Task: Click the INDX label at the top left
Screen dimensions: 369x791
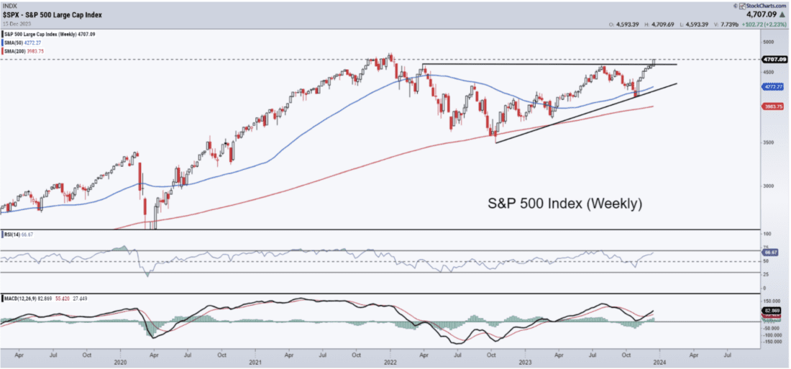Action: [x=10, y=5]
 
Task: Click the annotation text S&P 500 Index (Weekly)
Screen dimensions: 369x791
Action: [x=562, y=204]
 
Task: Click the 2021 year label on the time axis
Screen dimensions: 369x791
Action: [x=255, y=363]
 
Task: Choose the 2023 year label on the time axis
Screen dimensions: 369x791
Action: [x=526, y=363]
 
